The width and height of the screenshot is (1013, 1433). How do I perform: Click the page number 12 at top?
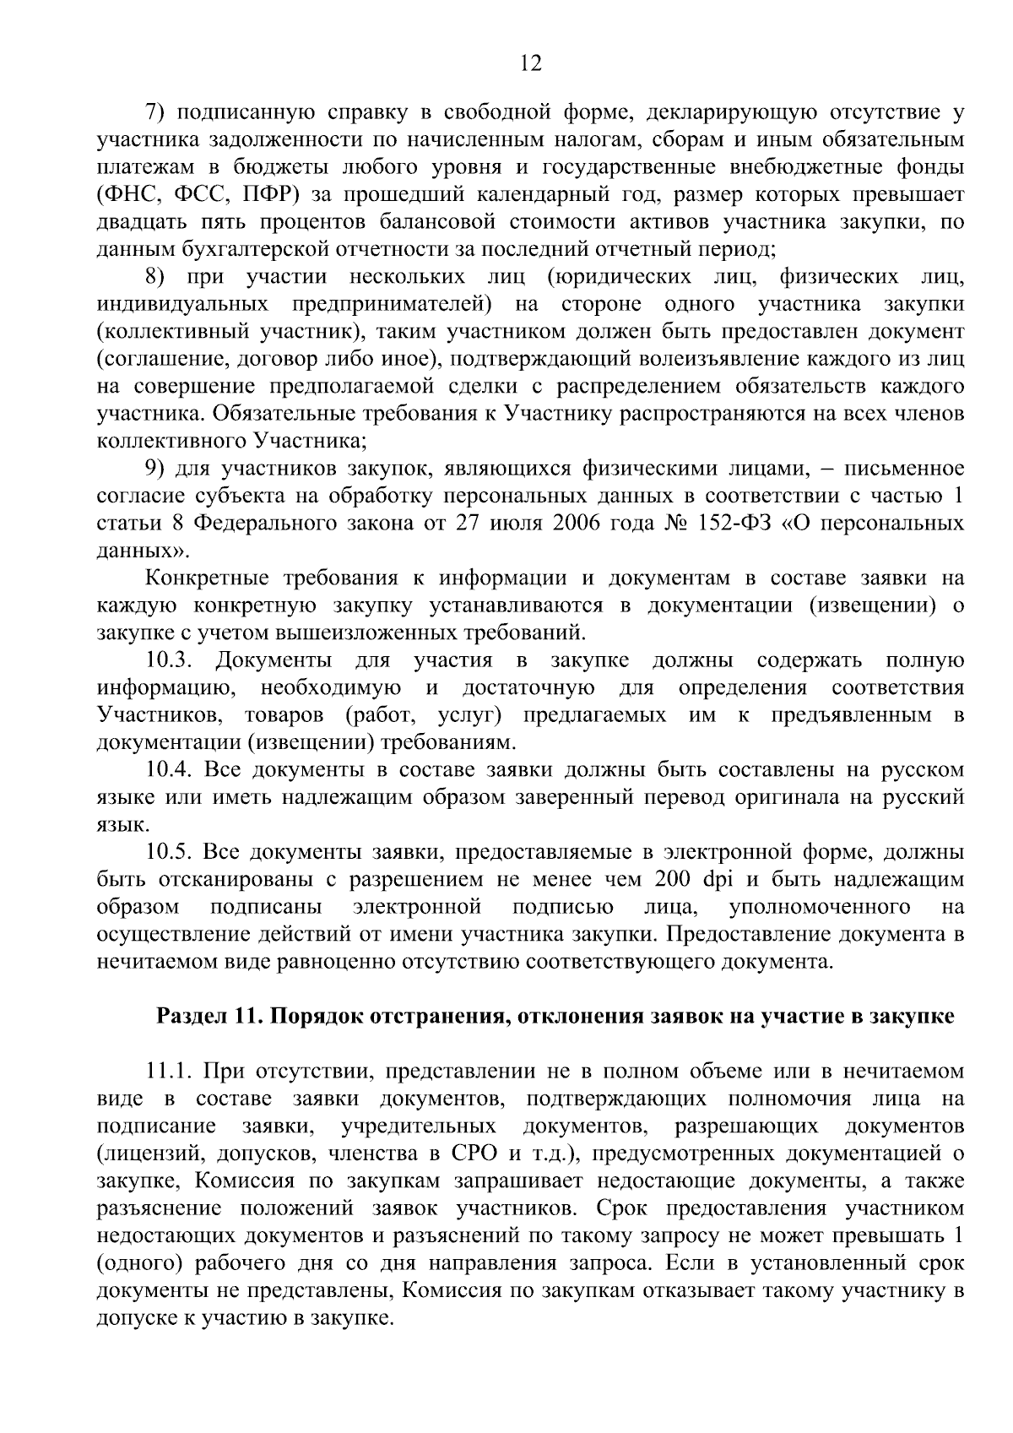(x=530, y=64)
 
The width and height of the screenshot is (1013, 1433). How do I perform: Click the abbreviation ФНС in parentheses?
(x=132, y=194)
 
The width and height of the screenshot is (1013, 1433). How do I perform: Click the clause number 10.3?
(x=167, y=660)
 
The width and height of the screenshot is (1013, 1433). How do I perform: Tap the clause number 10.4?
(x=169, y=769)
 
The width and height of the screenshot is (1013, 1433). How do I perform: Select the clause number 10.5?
(x=169, y=851)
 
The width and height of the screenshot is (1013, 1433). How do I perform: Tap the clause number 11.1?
(x=168, y=1072)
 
